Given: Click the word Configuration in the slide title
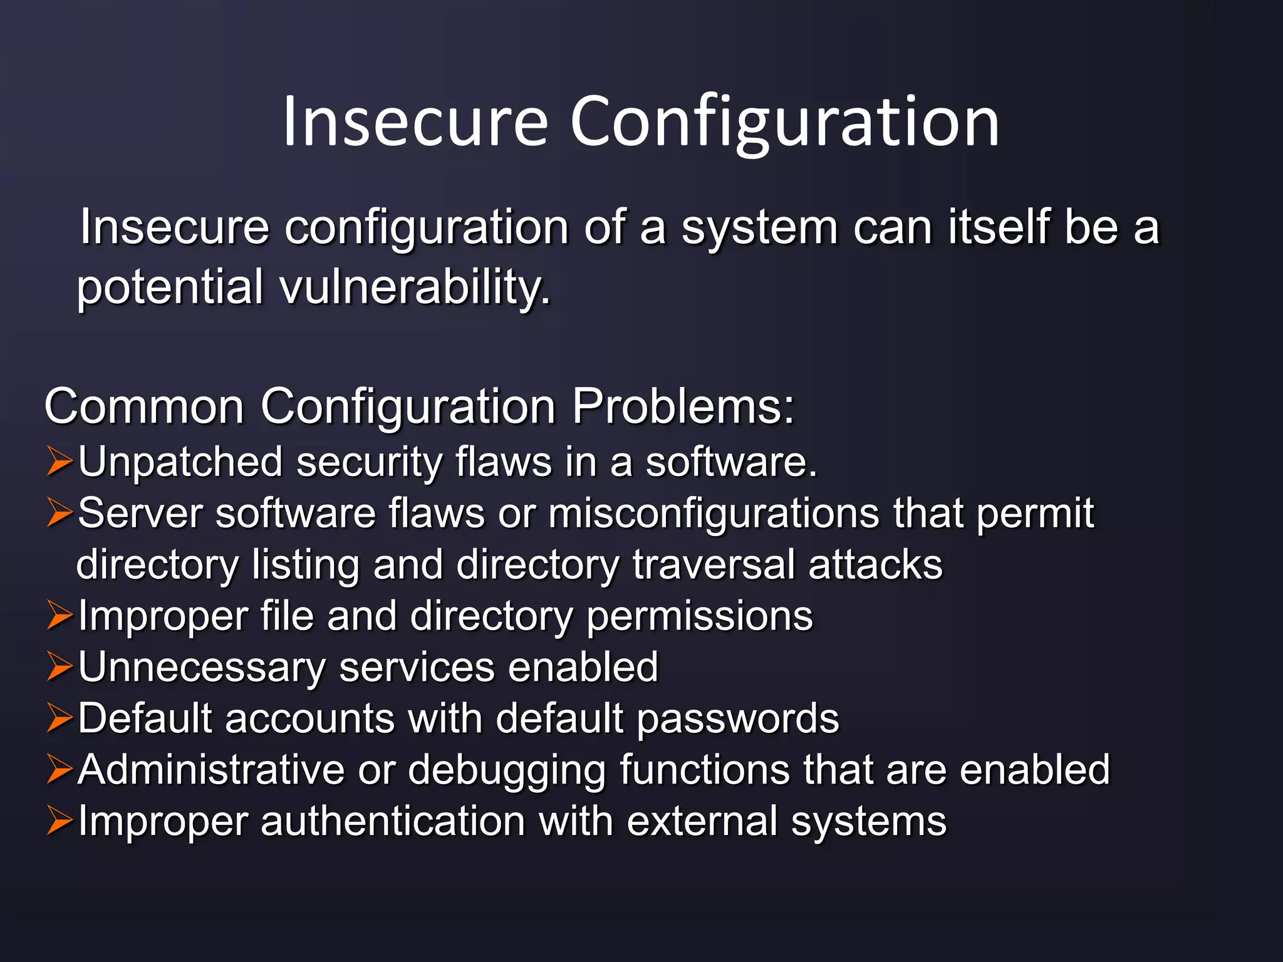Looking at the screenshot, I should [x=784, y=122].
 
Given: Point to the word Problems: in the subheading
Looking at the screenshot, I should [x=683, y=406].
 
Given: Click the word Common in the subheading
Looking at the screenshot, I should [x=144, y=406].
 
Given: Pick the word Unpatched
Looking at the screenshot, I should [x=180, y=463].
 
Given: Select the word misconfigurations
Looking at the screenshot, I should [x=714, y=514].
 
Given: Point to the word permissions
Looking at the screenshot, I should [x=699, y=617].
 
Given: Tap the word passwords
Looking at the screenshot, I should [x=737, y=720].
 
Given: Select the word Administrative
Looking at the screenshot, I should [x=212, y=770].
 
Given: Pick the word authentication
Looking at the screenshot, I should [x=393, y=822].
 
